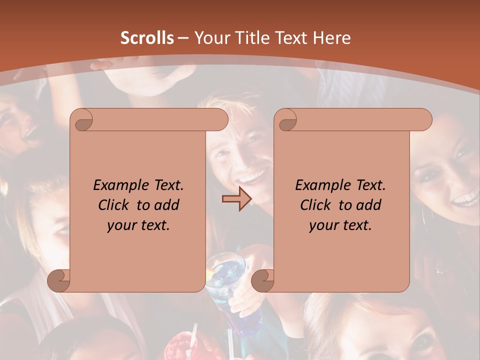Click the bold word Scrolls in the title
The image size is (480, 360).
(147, 38)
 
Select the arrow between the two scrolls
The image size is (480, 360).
(236, 199)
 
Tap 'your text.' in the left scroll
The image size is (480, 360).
(138, 225)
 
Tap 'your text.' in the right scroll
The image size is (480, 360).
(340, 225)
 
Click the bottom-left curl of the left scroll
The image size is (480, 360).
(58, 280)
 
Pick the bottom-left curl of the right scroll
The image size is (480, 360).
(262, 280)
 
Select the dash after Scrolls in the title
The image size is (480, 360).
(183, 38)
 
